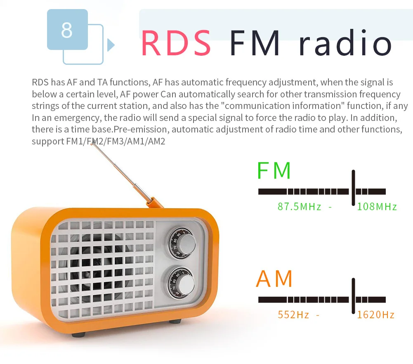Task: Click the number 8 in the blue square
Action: [67, 30]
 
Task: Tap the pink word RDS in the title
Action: [176, 43]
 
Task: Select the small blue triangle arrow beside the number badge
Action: [111, 45]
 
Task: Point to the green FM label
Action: [274, 170]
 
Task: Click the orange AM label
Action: [274, 279]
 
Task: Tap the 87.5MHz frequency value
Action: [300, 207]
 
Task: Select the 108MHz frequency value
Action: [377, 207]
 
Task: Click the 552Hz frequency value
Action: [293, 315]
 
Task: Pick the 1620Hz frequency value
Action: [376, 315]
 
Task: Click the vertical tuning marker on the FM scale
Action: [353, 187]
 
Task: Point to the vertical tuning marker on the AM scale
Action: [353, 296]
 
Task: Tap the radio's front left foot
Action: [78, 335]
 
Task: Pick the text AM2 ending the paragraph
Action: [156, 142]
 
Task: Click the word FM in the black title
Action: [255, 43]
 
